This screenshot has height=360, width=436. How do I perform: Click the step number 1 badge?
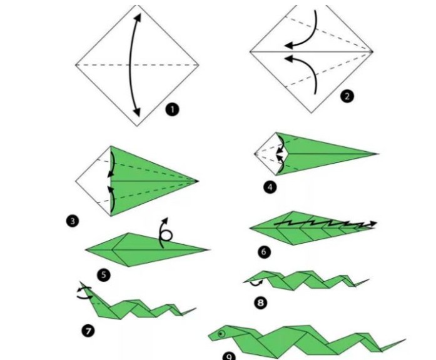point(173,109)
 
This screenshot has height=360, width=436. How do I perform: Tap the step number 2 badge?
point(347,96)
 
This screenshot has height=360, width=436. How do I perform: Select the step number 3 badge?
point(73,221)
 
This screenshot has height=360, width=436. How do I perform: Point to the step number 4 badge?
point(270,187)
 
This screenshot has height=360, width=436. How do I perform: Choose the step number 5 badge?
point(104,275)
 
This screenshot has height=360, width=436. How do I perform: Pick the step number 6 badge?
point(264,252)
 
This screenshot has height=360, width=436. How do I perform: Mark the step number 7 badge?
point(88,331)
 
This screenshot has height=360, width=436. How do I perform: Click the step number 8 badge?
point(261,302)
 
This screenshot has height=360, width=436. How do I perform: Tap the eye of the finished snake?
point(221,334)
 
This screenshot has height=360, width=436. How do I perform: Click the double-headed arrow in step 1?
point(130,65)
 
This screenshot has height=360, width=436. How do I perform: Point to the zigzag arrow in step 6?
point(325,222)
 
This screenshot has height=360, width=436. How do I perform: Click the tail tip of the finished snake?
point(406,339)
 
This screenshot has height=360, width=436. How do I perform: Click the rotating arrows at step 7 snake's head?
point(84,292)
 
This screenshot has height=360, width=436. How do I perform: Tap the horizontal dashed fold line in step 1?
point(137,65)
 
